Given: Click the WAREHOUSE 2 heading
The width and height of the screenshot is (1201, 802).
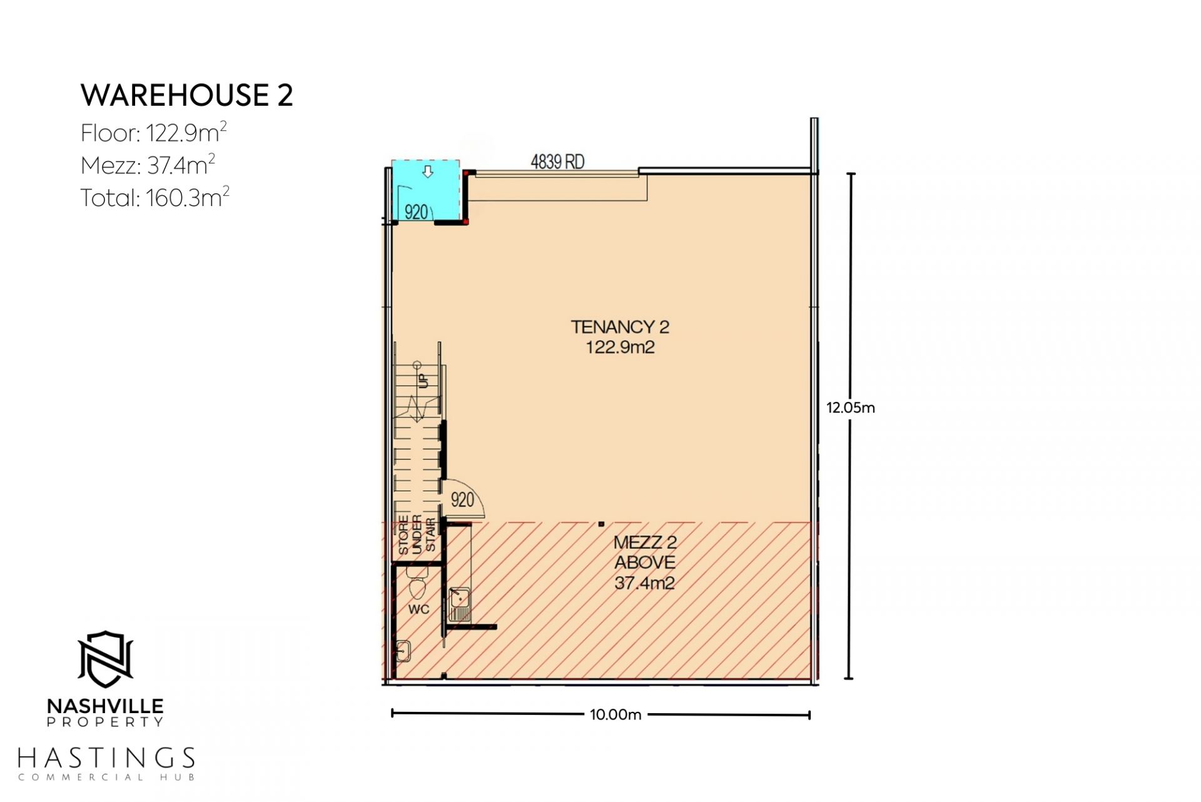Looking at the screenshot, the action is pyautogui.click(x=186, y=95).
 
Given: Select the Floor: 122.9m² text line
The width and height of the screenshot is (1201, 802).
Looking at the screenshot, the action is pyautogui.click(x=153, y=132).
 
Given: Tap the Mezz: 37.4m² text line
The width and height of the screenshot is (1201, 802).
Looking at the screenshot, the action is pyautogui.click(x=148, y=165).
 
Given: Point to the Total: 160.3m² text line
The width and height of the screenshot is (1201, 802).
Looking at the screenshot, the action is pyautogui.click(x=155, y=197).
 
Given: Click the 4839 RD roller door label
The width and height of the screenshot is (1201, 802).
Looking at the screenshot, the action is pyautogui.click(x=557, y=162).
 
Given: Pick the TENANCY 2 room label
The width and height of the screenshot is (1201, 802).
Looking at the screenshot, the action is pyautogui.click(x=620, y=327).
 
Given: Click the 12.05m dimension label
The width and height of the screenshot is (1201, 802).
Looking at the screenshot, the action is pyautogui.click(x=851, y=408).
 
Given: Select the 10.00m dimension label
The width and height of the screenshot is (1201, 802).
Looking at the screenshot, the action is pyautogui.click(x=616, y=715).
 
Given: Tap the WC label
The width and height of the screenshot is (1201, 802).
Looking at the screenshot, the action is pyautogui.click(x=418, y=609).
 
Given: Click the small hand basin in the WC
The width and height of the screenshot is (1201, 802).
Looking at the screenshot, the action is pyautogui.click(x=403, y=651).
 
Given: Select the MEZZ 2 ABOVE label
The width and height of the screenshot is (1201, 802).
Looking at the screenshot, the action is pyautogui.click(x=645, y=562).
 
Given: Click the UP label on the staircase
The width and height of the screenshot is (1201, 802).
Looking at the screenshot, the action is pyautogui.click(x=423, y=379).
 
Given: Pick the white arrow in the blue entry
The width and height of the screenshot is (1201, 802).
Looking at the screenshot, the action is pyautogui.click(x=428, y=171).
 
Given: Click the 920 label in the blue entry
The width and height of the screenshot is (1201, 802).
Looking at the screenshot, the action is pyautogui.click(x=416, y=212).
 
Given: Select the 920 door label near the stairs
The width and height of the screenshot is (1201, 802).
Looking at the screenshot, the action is pyautogui.click(x=462, y=500).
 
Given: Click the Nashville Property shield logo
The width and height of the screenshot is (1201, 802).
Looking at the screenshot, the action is pyautogui.click(x=105, y=659).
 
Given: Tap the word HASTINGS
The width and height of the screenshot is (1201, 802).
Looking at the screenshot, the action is pyautogui.click(x=106, y=758).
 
